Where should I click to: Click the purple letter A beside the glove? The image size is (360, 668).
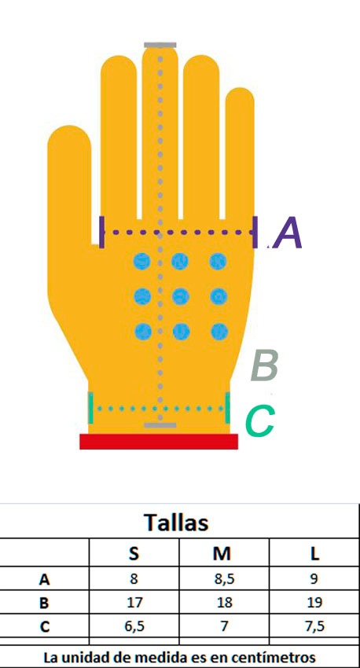(x=289, y=233)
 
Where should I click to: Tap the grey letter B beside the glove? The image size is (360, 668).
(x=265, y=365)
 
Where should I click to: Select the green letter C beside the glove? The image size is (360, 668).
(x=260, y=421)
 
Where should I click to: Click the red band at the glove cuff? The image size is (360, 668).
(x=159, y=442)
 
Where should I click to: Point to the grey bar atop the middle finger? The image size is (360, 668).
(x=160, y=45)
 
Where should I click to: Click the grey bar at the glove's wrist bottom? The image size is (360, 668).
(x=160, y=425)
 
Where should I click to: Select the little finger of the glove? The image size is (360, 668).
(x=240, y=153)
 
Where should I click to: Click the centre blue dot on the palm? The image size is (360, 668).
(x=181, y=296)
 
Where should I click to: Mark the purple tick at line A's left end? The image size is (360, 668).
(x=101, y=232)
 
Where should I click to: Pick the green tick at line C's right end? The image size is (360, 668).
(x=227, y=408)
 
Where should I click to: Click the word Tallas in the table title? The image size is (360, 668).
(x=176, y=522)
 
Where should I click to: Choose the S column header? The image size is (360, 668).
(x=134, y=553)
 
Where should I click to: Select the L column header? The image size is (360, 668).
(x=314, y=553)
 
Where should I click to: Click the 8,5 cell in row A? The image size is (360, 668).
(x=225, y=579)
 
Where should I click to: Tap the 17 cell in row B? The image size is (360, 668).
(x=134, y=603)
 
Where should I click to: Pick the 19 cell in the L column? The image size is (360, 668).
(x=314, y=603)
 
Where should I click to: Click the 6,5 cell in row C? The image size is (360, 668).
(x=134, y=626)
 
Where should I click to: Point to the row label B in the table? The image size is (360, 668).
(x=44, y=603)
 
